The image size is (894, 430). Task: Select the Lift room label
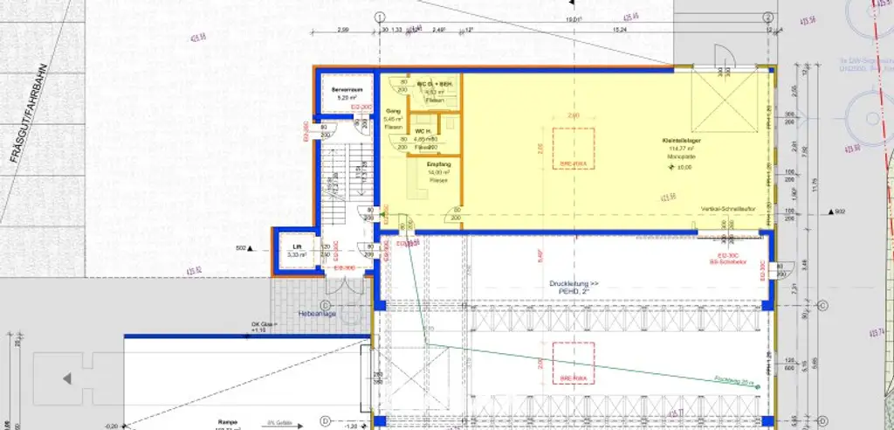(297, 247)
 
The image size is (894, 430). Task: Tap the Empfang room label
(437, 164)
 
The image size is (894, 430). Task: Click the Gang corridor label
(393, 112)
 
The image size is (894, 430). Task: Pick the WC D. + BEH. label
(434, 81)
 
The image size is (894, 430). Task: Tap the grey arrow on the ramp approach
(65, 378)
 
